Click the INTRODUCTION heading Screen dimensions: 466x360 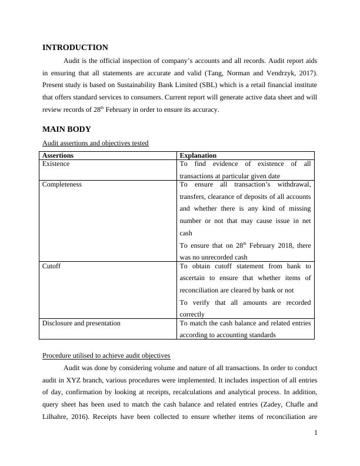coord(75,48)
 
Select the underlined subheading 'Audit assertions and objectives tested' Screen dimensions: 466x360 coord(95,143)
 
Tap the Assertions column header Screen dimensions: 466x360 coord(58,156)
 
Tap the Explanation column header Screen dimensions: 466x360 coord(198,156)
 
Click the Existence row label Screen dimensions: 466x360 coord(56,164)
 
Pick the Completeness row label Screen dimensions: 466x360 coord(62,184)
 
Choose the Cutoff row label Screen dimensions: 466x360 coord(51,266)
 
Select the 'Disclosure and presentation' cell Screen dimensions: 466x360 coord(81,323)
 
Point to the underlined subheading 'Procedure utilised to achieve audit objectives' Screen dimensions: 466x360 coord(106,356)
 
